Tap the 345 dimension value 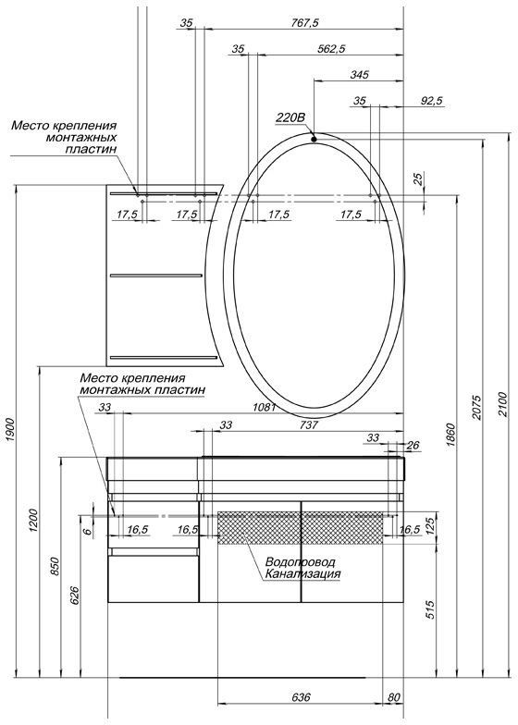360,75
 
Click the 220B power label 290,119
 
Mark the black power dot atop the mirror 314,140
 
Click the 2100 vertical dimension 504,399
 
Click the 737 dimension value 309,425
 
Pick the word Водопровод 299,562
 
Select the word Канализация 302,574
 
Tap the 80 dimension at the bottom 396,698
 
